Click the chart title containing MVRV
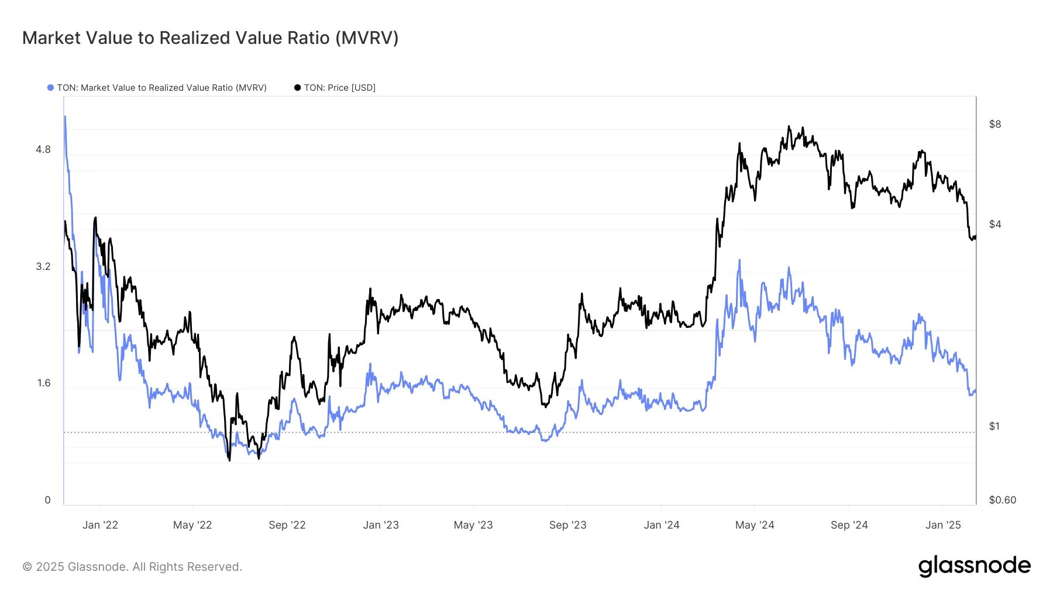pos(210,38)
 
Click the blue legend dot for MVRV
pos(50,88)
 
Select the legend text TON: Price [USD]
pos(339,88)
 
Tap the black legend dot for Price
pos(297,88)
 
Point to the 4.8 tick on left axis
pos(43,149)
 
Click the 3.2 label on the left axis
pos(43,266)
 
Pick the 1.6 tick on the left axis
pos(44,383)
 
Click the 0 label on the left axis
pos(48,500)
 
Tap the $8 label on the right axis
pos(994,124)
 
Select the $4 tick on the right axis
pos(994,224)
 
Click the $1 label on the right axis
pos(994,426)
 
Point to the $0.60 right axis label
pos(1002,500)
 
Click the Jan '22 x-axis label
pos(100,525)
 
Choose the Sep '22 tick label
pos(287,525)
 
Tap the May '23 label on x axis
pos(473,525)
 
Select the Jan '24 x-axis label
pos(661,525)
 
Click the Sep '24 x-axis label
pos(849,525)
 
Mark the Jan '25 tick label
pos(943,525)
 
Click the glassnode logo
pos(974,566)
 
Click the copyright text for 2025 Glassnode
pos(132,567)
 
